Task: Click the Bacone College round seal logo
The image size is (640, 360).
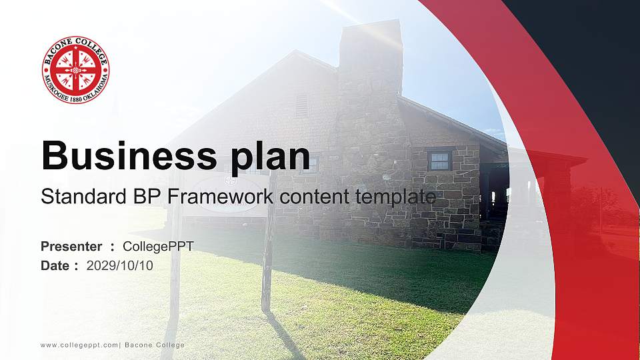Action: point(75,69)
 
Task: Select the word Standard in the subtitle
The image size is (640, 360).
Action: point(84,196)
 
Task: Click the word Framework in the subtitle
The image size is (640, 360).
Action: point(220,196)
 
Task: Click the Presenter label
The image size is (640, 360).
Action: point(71,247)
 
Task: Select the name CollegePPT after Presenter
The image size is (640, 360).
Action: point(158,247)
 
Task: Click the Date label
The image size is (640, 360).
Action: point(55,266)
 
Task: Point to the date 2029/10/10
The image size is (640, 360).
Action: point(119,266)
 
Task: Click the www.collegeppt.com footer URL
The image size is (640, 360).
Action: point(79,345)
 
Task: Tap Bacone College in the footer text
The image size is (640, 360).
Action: point(155,345)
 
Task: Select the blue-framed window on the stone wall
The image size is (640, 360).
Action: point(439,160)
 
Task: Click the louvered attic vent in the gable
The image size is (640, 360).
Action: point(301,106)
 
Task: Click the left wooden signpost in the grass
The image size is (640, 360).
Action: point(175,261)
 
